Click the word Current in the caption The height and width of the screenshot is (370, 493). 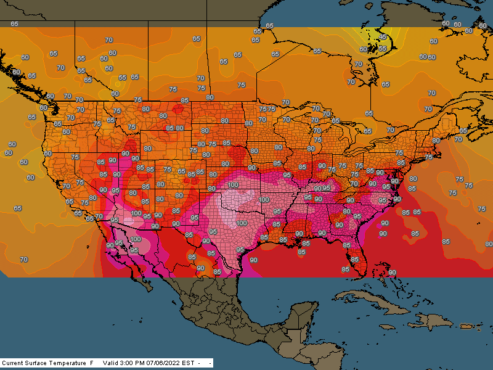[14, 363]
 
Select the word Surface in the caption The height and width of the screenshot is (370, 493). [38, 363]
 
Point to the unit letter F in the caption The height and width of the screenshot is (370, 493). [92, 363]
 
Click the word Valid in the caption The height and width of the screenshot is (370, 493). [111, 363]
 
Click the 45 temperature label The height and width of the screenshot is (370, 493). [383, 37]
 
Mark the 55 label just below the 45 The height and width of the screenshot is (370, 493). [382, 48]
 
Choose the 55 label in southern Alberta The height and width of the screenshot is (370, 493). [123, 78]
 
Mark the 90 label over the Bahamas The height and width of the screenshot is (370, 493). [392, 272]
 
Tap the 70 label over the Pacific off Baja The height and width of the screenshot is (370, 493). [24, 260]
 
